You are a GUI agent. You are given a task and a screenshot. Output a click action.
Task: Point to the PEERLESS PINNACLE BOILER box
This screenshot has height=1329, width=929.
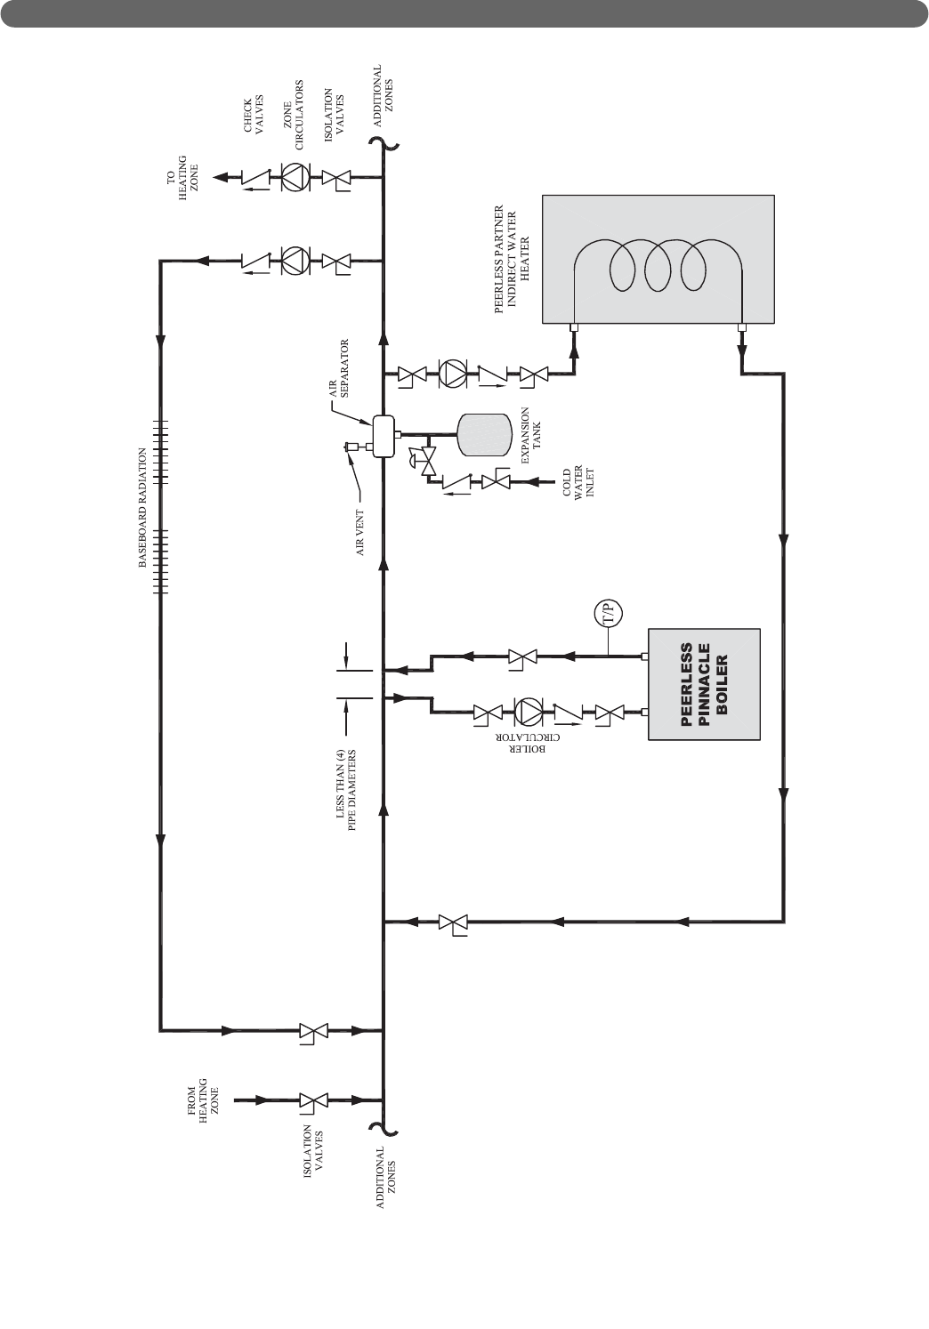704,684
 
